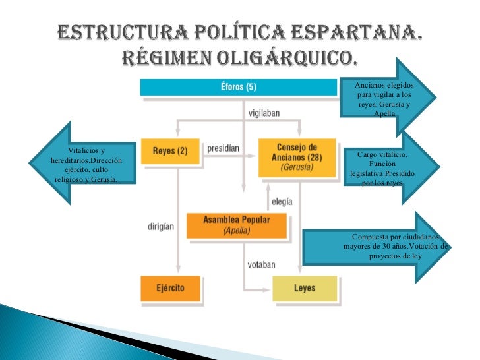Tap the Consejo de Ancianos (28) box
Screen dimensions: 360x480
[296, 157]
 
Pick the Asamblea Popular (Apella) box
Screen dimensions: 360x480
[237, 225]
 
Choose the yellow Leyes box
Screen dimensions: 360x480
[304, 288]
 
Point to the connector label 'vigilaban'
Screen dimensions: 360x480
[264, 113]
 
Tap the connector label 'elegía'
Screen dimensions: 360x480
[282, 202]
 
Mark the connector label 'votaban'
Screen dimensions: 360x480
[262, 264]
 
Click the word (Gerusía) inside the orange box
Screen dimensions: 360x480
[296, 167]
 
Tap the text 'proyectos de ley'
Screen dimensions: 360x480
[395, 255]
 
